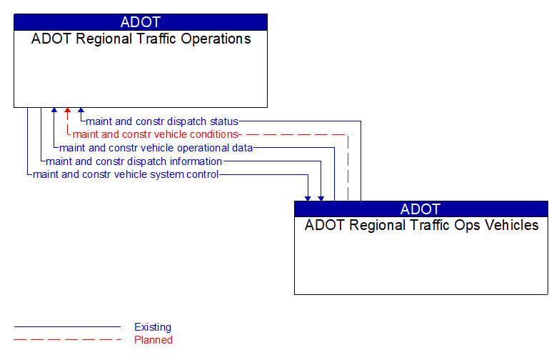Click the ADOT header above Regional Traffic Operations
(x=141, y=22)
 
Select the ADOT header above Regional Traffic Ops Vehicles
(x=421, y=209)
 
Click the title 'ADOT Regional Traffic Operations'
(x=141, y=39)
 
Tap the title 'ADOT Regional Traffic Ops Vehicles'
(x=421, y=225)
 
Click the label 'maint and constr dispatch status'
(x=162, y=121)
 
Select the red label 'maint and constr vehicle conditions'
(x=155, y=134)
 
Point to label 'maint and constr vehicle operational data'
(x=156, y=148)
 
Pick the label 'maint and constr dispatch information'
(x=134, y=161)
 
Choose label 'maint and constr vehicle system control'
(x=126, y=174)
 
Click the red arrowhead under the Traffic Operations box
(x=67, y=111)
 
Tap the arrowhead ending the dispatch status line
(x=81, y=111)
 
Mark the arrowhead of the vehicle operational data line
(x=54, y=111)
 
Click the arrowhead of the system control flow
(x=308, y=197)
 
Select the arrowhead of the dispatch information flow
(x=321, y=197)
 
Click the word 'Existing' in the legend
(x=153, y=327)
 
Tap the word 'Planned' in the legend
(x=153, y=340)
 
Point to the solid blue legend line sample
(x=67, y=327)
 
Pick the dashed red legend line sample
(x=67, y=340)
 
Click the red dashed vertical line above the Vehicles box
(x=348, y=168)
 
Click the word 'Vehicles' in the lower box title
(x=510, y=225)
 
